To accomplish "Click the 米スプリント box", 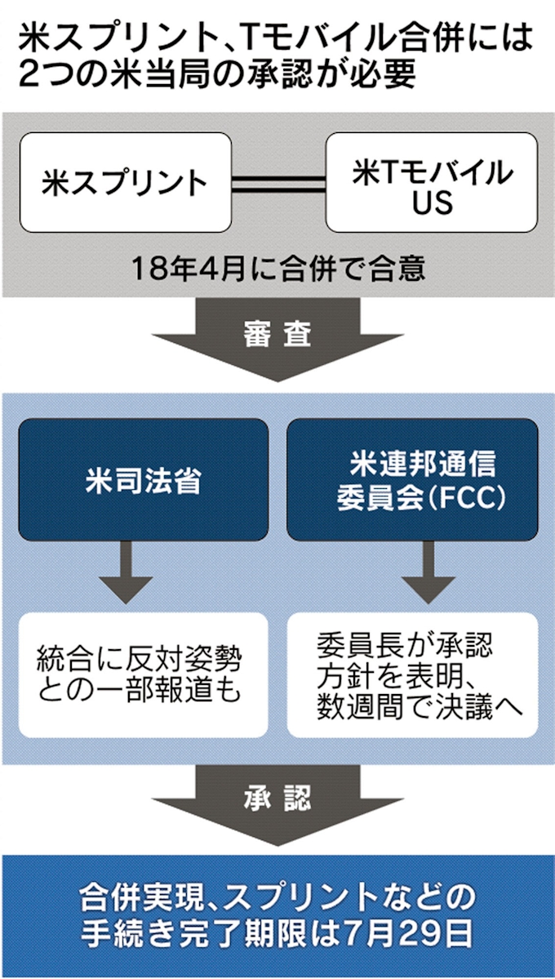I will pos(125,182).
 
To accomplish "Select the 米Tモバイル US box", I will pos(432,182).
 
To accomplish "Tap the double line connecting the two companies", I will pos(278,183).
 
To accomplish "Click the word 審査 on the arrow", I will pos(277,336).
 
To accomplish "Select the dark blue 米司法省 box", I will pos(143,480).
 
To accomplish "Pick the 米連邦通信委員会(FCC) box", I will pos(412,480).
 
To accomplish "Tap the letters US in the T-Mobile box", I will pos(432,202).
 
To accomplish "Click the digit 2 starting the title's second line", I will pos(29,74).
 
